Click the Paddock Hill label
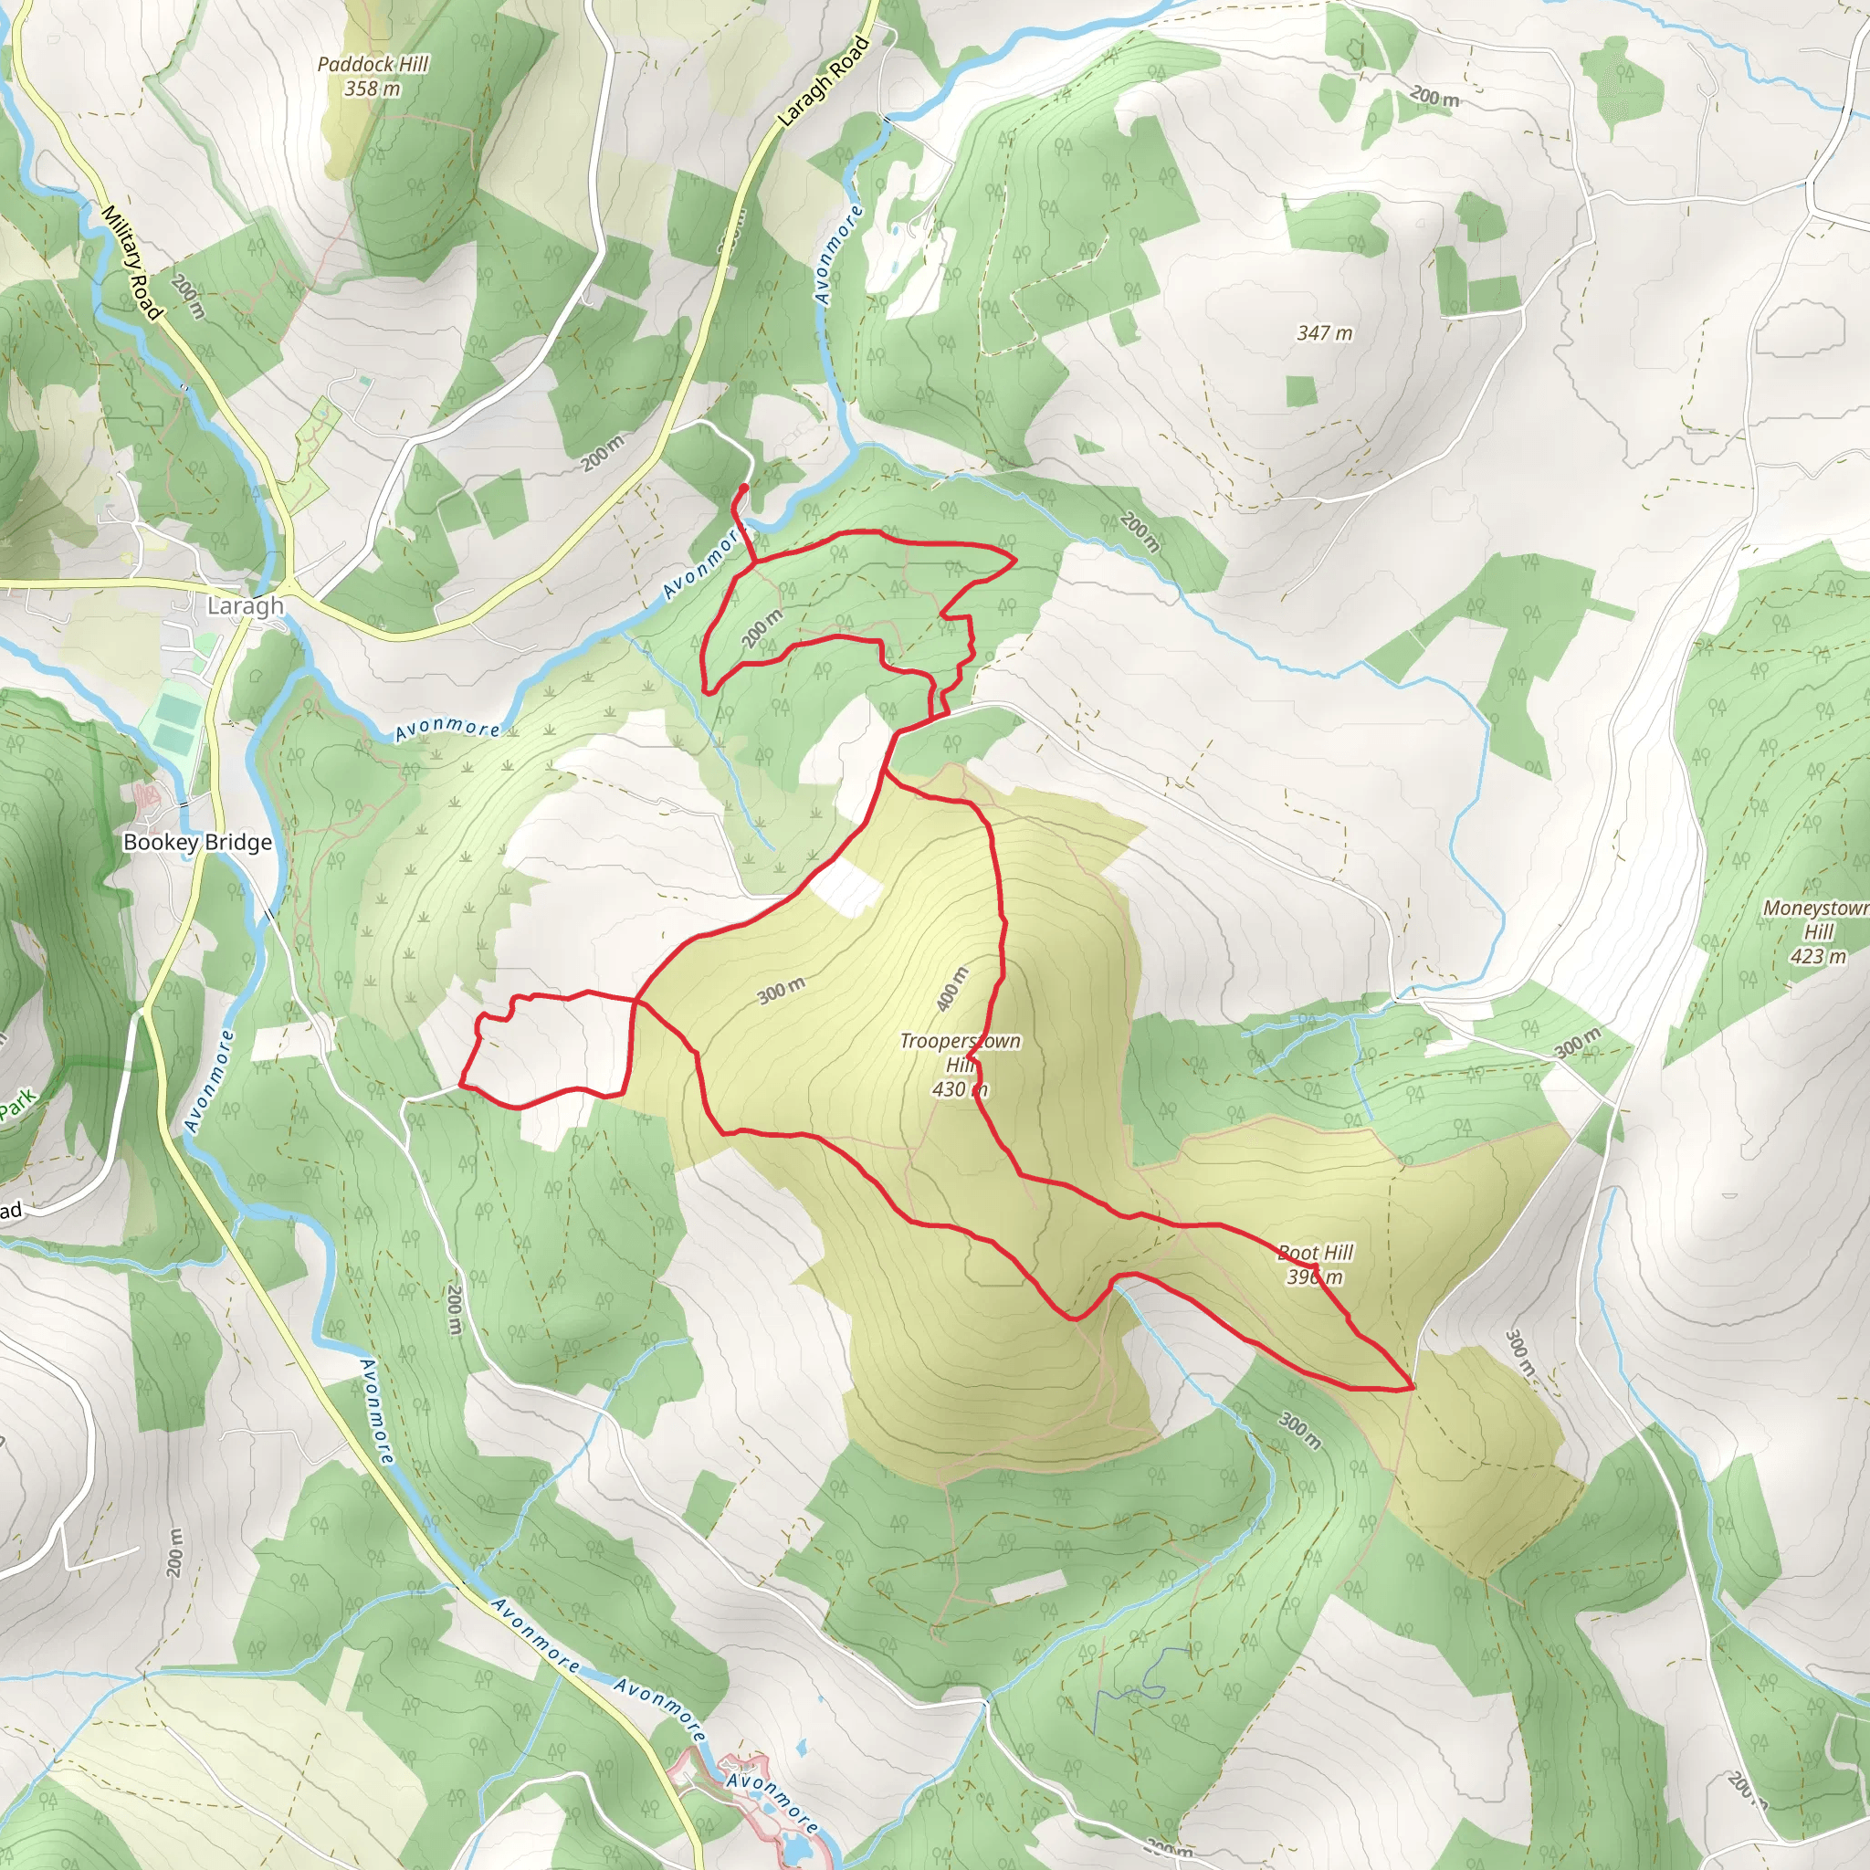tap(373, 64)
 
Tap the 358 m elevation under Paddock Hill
tap(372, 88)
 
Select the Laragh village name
tap(246, 606)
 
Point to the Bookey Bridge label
tap(197, 842)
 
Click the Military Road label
tap(131, 261)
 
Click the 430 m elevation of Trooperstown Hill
tap(960, 1089)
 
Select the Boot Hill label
tap(1316, 1253)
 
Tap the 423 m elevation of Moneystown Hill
tap(1818, 956)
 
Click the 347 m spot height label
tap(1324, 333)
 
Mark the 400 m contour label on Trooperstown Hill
tap(952, 988)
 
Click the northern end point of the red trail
tap(743, 486)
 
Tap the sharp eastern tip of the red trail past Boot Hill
tap(1413, 1387)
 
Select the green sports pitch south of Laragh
tap(173, 724)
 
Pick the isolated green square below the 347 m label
tap(1302, 391)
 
